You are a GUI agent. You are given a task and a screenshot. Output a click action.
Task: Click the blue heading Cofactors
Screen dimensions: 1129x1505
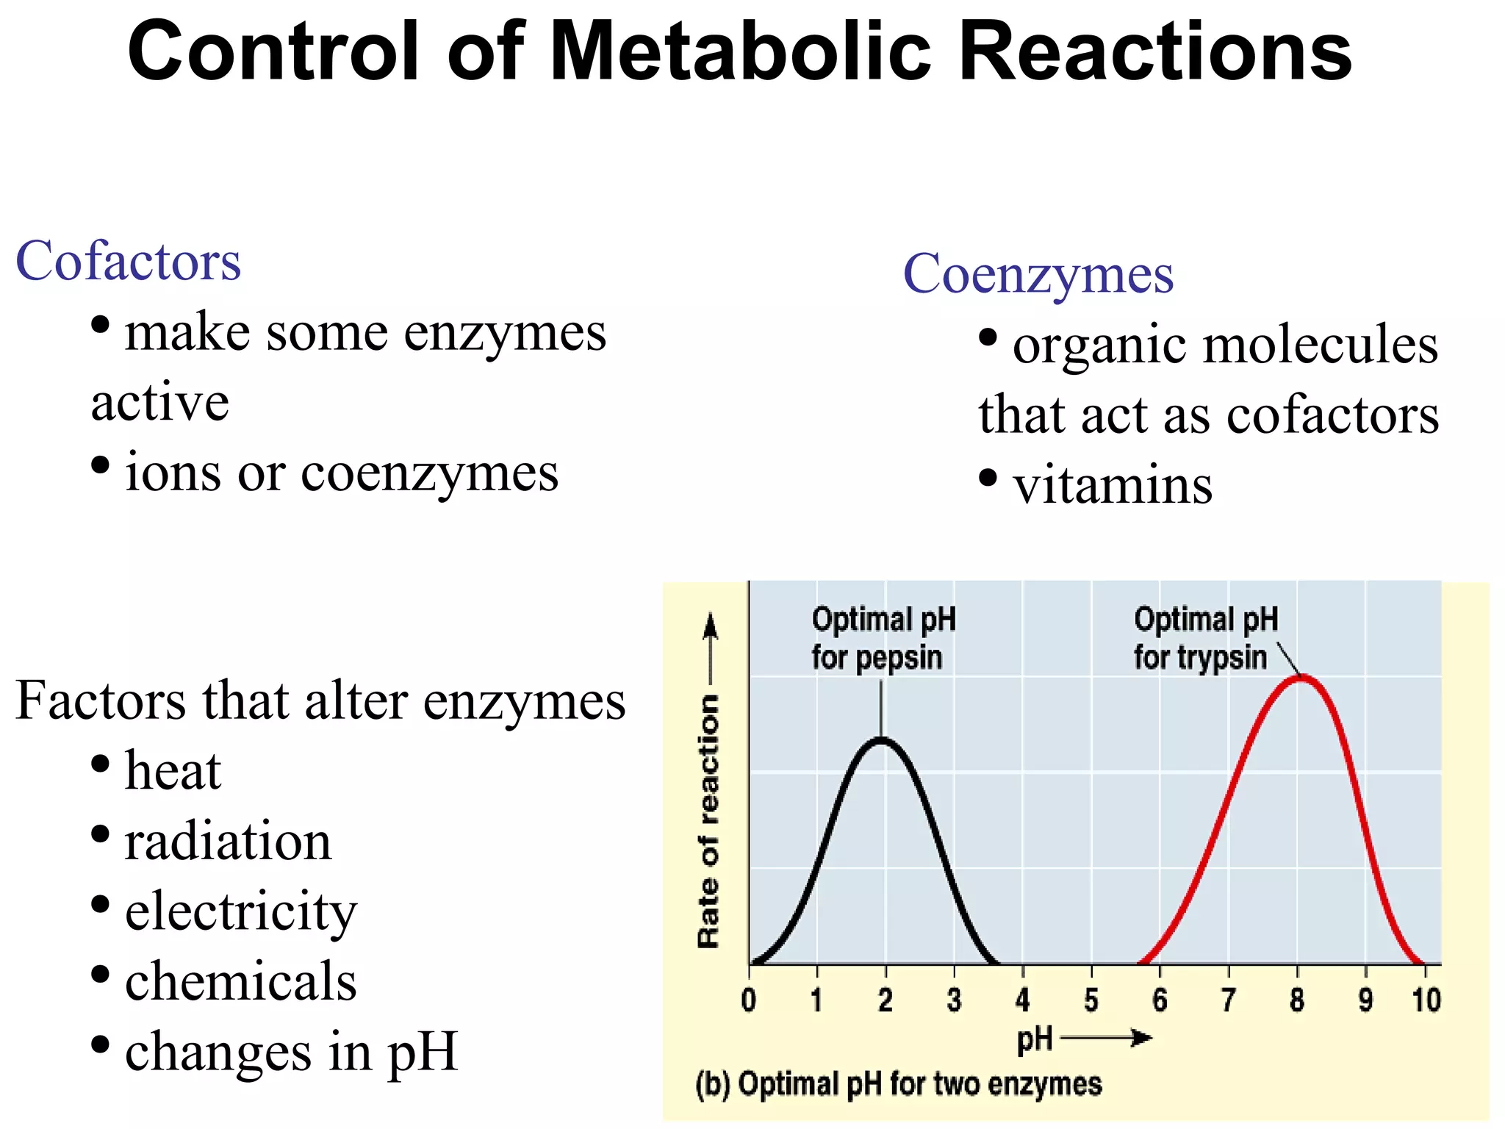pos(129,262)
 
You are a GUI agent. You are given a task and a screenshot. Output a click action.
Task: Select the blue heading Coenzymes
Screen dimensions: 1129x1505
pos(1038,273)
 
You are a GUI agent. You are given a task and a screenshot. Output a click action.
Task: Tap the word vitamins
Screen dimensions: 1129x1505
pos(1113,486)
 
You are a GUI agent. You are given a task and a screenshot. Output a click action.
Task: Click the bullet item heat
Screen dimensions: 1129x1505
pos(173,772)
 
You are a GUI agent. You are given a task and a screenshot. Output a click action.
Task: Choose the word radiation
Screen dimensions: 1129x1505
pos(228,842)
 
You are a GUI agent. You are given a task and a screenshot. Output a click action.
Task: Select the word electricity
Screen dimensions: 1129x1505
pos(241,912)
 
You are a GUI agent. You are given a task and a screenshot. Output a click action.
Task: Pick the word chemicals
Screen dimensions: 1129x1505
pos(241,982)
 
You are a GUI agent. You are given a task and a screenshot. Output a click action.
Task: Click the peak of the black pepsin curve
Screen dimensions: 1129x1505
pos(880,739)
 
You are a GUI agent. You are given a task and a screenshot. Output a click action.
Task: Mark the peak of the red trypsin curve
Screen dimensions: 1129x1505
pos(1300,676)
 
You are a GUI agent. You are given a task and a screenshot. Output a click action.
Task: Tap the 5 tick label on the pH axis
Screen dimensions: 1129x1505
pos(1091,1000)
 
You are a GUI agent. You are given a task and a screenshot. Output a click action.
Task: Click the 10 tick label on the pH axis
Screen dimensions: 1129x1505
pos(1426,1000)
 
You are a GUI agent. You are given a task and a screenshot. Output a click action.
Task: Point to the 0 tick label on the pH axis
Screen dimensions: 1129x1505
pos(748,1000)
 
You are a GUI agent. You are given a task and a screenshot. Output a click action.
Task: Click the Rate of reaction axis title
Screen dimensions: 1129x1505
pos(708,820)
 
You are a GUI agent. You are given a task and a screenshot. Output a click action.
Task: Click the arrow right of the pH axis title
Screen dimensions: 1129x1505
pos(1106,1038)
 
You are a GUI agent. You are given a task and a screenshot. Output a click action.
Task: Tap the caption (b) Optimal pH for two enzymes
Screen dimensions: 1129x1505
pos(898,1084)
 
